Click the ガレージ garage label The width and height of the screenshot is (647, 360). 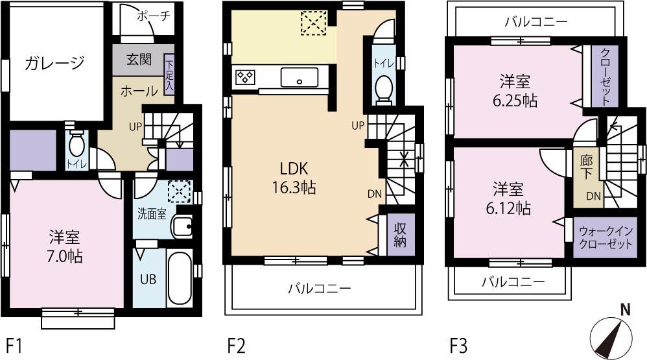pyautogui.click(x=55, y=63)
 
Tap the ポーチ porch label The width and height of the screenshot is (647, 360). pyautogui.click(x=153, y=16)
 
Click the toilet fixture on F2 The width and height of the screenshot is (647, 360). pyautogui.click(x=384, y=86)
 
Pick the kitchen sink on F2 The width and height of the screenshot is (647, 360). pyautogui.click(x=299, y=78)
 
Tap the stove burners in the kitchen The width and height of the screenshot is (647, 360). pyautogui.click(x=244, y=77)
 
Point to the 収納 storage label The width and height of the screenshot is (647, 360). pyautogui.click(x=401, y=235)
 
